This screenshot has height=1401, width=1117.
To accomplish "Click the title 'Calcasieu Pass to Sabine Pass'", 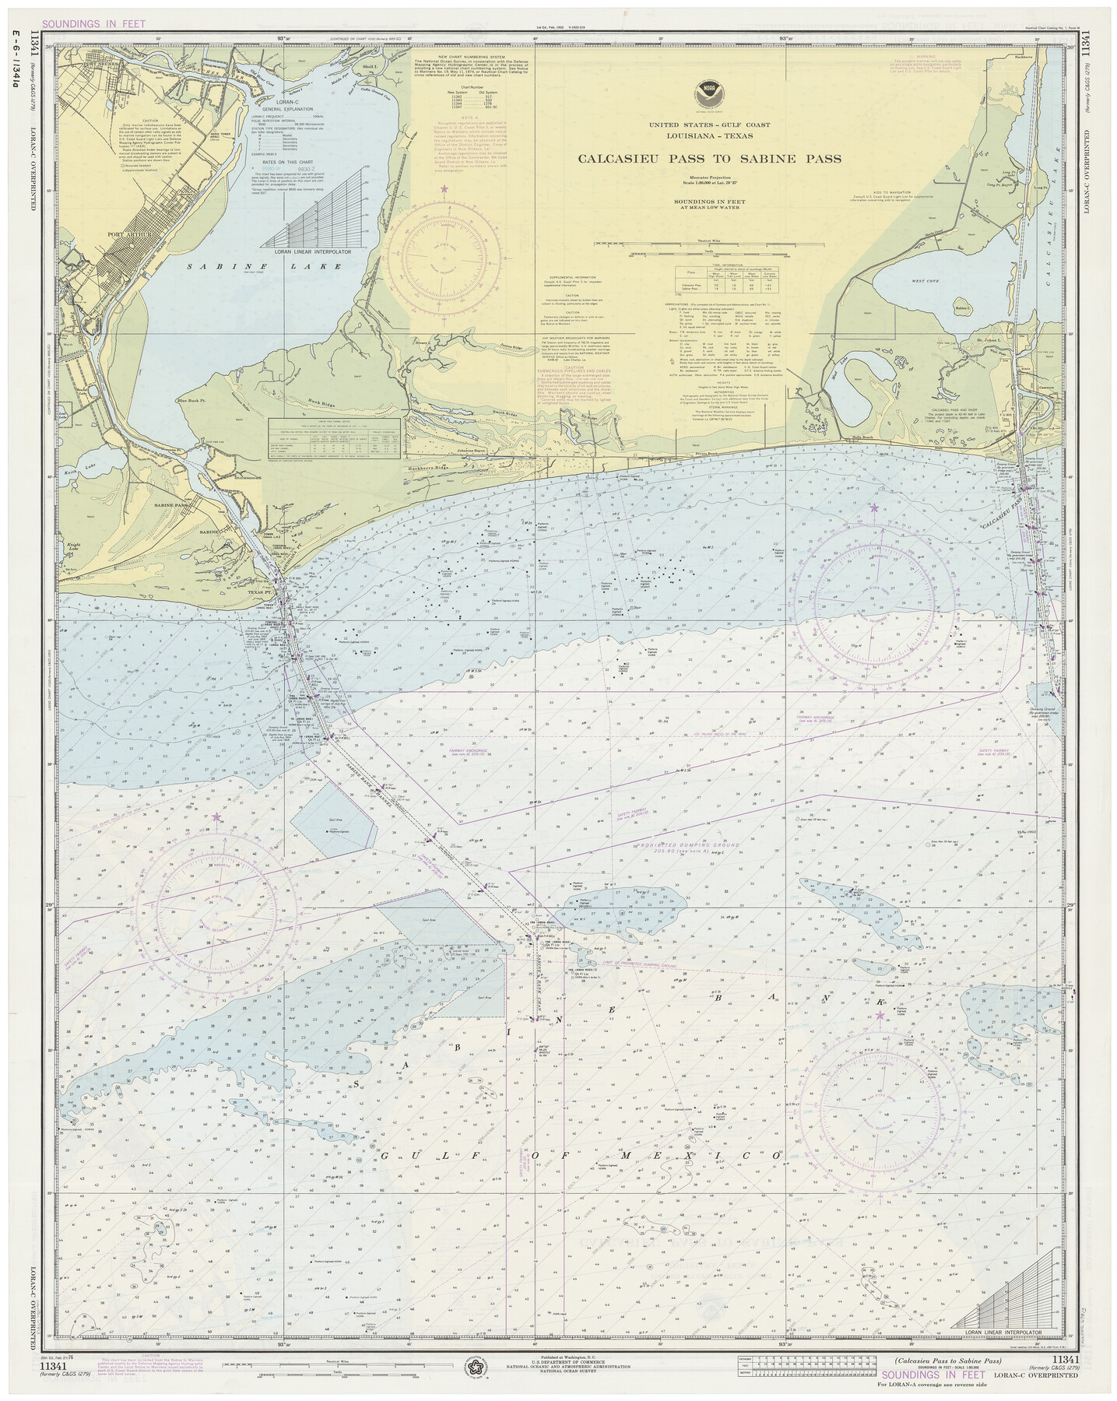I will [708, 159].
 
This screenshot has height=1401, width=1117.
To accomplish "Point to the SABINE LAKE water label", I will [264, 266].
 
